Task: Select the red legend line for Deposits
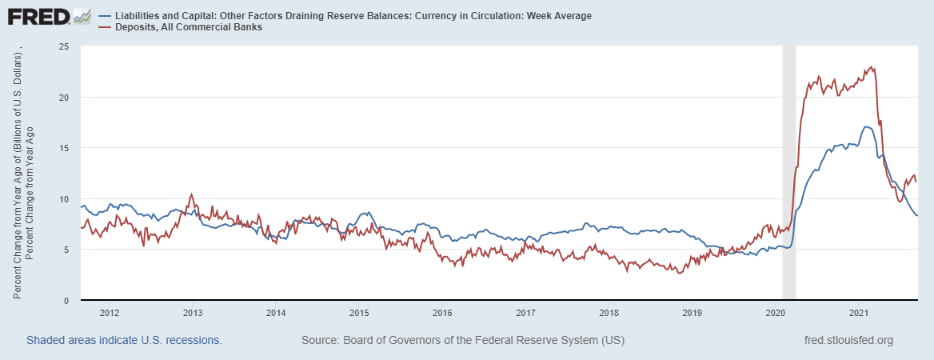pos(105,27)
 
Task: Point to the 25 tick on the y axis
pos(64,47)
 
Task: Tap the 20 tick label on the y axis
pos(64,98)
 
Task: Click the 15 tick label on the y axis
pos(64,148)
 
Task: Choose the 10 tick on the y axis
pos(64,199)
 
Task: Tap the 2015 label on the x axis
pos(358,312)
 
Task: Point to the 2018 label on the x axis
pos(609,312)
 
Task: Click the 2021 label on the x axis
pos(858,312)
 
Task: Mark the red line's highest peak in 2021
pos(872,67)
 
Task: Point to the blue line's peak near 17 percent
pos(865,127)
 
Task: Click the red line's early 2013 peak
pos(191,194)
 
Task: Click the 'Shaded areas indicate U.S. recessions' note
pos(124,340)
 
